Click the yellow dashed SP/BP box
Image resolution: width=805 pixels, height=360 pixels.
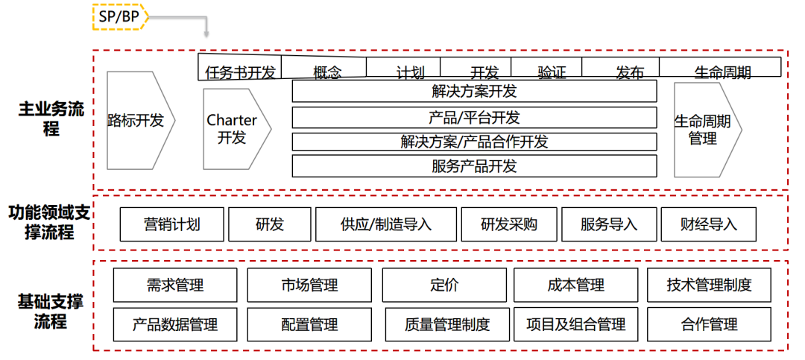[x=119, y=16]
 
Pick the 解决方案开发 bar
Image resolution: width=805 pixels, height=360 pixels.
[x=474, y=92]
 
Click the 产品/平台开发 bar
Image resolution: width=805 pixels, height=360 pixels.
[x=474, y=118]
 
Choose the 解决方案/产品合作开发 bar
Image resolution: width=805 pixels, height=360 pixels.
[x=474, y=142]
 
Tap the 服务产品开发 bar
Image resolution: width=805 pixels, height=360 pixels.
[x=474, y=166]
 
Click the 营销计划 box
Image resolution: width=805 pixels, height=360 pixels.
[x=171, y=224]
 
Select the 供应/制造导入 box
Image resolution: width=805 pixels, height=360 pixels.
[x=386, y=224]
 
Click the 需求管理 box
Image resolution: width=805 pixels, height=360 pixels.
[x=175, y=285]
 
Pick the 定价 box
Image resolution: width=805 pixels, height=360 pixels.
[x=445, y=285]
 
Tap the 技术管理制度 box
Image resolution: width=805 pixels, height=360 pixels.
[x=710, y=285]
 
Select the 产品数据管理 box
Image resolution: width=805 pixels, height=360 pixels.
[x=175, y=325]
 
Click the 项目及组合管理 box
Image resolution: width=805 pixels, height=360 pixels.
[x=575, y=325]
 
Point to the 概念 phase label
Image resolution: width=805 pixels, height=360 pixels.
[x=327, y=72]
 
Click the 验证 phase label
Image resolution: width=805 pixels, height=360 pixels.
[x=552, y=72]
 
